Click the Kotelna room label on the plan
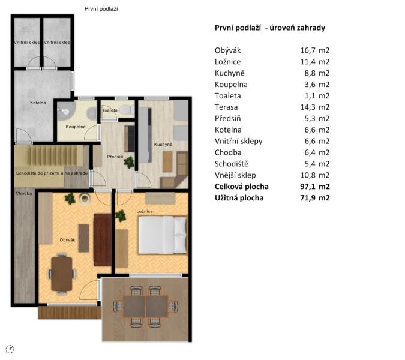click(x=38, y=103)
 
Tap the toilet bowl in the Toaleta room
click(x=127, y=109)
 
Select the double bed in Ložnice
click(x=162, y=235)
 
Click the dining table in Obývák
click(x=62, y=274)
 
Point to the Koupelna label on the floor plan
click(x=76, y=127)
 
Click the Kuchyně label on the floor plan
click(x=163, y=145)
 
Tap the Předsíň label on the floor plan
click(x=115, y=157)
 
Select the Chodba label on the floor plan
click(x=24, y=193)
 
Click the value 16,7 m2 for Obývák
click(x=315, y=50)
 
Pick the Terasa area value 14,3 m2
click(x=315, y=107)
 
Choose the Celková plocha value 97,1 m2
click(x=315, y=187)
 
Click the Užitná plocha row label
click(x=239, y=198)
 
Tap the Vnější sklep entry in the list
click(x=235, y=175)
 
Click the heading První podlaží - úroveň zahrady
click(x=270, y=28)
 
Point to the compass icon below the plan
click(x=10, y=349)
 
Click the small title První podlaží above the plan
click(x=101, y=9)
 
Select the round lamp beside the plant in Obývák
click(x=85, y=199)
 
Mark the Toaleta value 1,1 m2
click(x=317, y=95)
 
